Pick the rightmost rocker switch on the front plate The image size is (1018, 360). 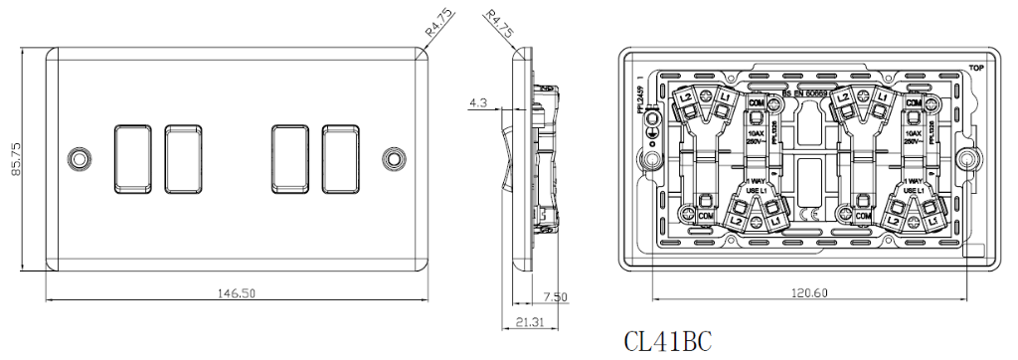point(341,158)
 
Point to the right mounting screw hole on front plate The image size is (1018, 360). point(395,158)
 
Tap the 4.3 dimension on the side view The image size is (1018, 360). point(477,102)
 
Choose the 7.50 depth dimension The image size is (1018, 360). point(555,296)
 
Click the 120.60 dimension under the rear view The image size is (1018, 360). point(808,293)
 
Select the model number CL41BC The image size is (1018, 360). point(667,341)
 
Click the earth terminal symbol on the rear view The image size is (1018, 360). point(651,121)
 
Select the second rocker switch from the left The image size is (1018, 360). point(181,158)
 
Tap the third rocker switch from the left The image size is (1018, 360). point(289,158)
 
